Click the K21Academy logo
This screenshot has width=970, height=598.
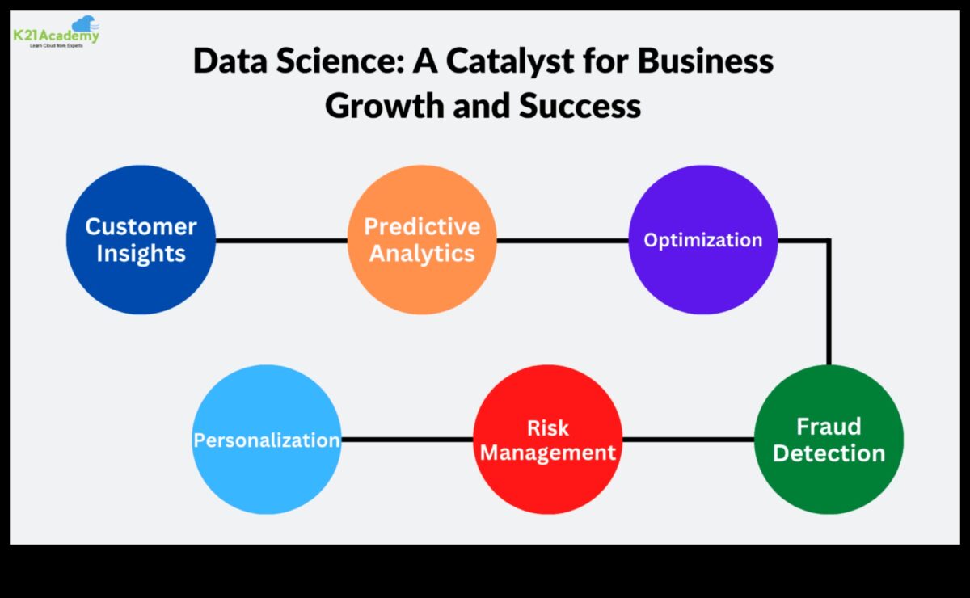57,32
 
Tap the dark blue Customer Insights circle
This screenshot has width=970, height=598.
141,239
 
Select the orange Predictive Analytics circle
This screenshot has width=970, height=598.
422,239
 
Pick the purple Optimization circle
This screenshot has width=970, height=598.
702,239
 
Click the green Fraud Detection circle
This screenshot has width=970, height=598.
829,439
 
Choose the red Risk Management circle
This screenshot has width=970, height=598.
548,439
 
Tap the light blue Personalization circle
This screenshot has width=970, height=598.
267,439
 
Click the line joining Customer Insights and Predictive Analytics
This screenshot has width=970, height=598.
281,240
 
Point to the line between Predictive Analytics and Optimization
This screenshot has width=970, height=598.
563,240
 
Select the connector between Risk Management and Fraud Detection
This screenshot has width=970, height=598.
689,440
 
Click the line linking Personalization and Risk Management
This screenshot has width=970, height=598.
407,440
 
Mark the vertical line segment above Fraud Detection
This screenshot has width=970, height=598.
829,303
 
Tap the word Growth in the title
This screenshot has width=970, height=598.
385,106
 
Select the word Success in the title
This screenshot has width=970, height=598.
580,106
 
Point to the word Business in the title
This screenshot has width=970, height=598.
706,61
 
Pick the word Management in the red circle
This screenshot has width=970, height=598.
548,453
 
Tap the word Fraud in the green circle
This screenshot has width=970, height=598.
829,427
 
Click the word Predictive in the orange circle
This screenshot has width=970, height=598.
422,226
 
